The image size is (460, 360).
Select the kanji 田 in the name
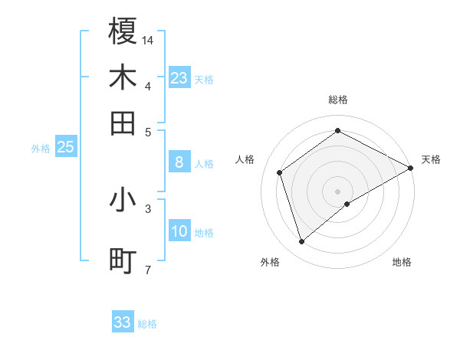click(x=123, y=123)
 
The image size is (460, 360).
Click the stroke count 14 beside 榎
click(x=148, y=39)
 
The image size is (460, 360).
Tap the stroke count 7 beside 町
click(x=148, y=269)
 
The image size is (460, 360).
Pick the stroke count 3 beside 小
click(x=148, y=208)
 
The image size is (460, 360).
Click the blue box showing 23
click(x=179, y=78)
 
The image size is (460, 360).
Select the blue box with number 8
click(x=179, y=162)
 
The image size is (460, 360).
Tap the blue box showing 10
click(x=179, y=231)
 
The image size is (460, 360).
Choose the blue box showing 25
click(x=65, y=147)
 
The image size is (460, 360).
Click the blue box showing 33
click(x=122, y=322)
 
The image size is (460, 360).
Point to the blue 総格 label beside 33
click(x=147, y=324)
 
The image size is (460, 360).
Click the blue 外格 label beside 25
click(x=41, y=149)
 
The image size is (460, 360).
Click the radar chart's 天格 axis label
click(x=431, y=159)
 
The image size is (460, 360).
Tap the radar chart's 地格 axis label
click(x=402, y=262)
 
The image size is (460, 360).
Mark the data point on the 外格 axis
click(x=302, y=242)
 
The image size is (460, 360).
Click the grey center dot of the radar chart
click(x=337, y=191)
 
